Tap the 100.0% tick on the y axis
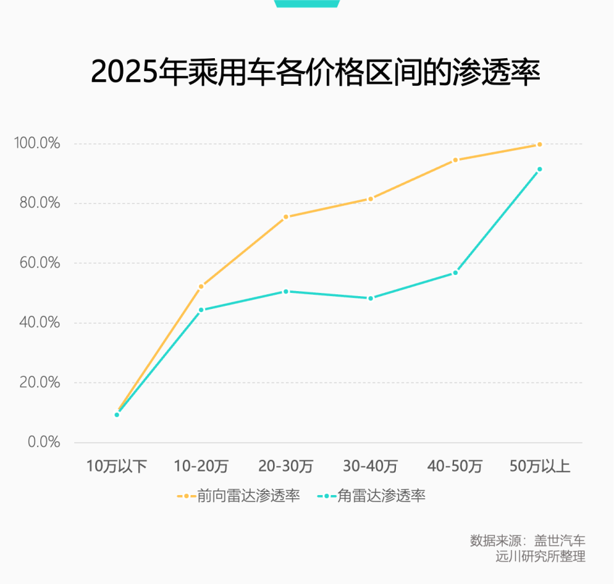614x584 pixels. coord(37,143)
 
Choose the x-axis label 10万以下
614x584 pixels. coord(116,466)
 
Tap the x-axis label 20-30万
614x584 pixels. coord(285,466)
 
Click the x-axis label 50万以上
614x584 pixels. coord(540,466)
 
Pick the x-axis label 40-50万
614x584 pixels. coord(455,466)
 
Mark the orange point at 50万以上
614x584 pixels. coord(540,145)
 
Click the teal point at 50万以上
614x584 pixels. coord(540,169)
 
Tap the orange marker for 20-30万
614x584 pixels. coord(286,217)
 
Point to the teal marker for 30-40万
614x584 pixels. coord(370,298)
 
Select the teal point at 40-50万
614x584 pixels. coord(455,272)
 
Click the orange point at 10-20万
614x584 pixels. coord(201,286)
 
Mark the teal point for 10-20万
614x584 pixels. coord(201,310)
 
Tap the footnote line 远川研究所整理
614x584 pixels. coord(540,556)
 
